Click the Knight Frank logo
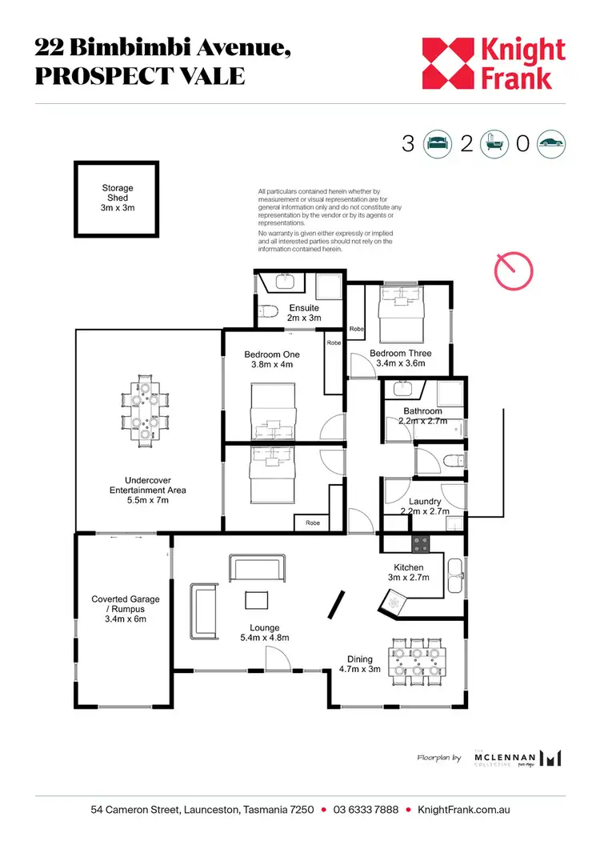pos(494,64)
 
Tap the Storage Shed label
pos(117,198)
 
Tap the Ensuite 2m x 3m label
pos(303,313)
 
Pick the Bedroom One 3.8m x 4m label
pos(272,360)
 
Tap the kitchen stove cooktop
pos(422,544)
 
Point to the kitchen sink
pos(455,571)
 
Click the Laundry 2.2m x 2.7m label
pos(424,507)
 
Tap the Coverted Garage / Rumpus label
pos(125,608)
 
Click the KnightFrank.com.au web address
pos(469,810)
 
